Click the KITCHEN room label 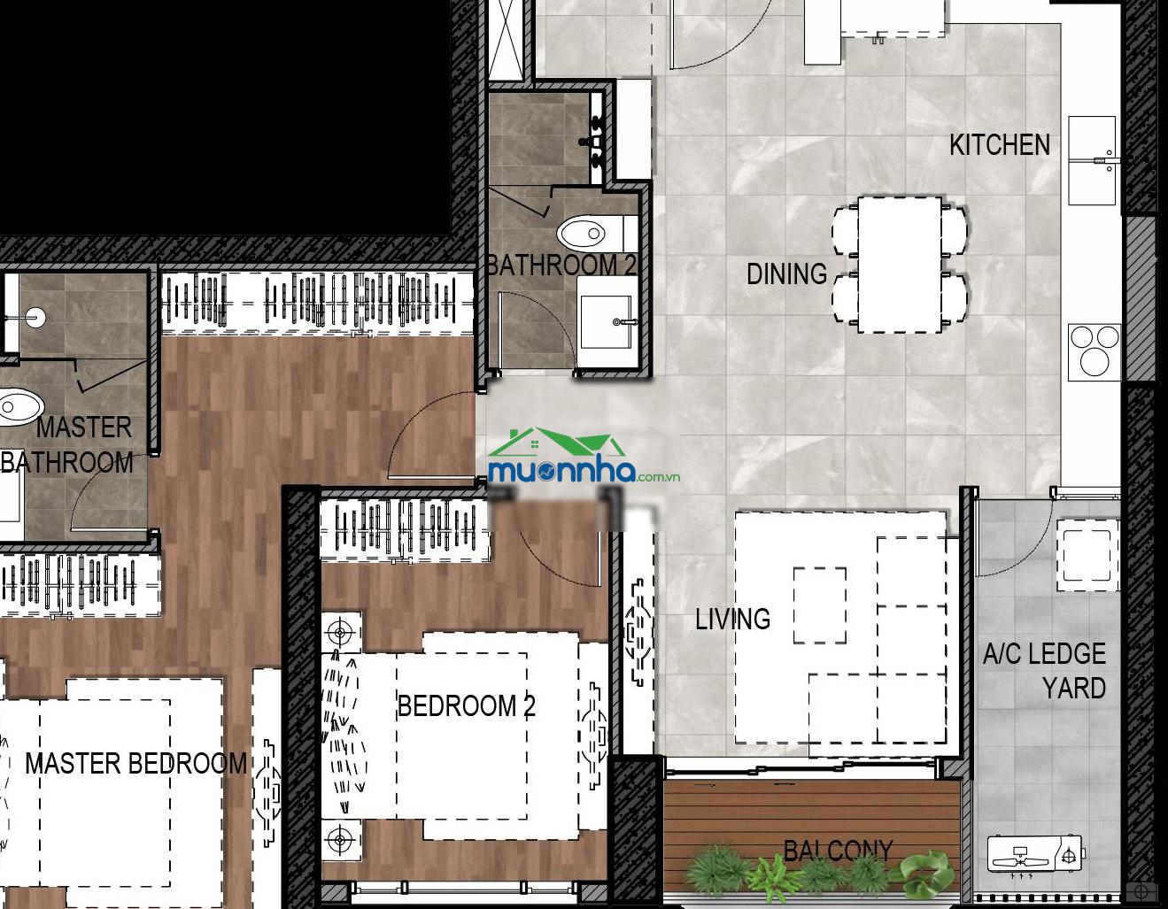(x=1000, y=145)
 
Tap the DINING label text (x=787, y=274)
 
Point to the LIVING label (x=732, y=619)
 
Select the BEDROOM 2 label (x=466, y=705)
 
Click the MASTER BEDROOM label (x=135, y=764)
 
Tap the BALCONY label (x=838, y=851)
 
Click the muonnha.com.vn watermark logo (x=584, y=456)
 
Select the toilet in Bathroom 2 (x=597, y=234)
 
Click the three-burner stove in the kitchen (x=1095, y=352)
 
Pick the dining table (x=900, y=265)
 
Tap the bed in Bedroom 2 (x=467, y=736)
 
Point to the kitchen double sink (x=1092, y=160)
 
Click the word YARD (x=1074, y=689)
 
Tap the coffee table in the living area (x=820, y=605)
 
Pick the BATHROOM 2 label (x=561, y=265)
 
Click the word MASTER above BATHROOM (x=84, y=428)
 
